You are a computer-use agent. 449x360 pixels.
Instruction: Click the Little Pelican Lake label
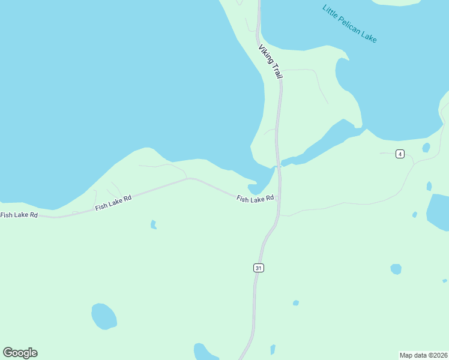pyautogui.click(x=349, y=24)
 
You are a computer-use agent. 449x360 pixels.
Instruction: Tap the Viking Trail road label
pyautogui.click(x=270, y=62)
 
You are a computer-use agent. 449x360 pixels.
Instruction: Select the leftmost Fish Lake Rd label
pyautogui.click(x=19, y=215)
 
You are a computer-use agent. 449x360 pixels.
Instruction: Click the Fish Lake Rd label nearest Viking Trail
pyautogui.click(x=255, y=198)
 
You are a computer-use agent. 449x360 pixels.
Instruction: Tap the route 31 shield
pyautogui.click(x=258, y=268)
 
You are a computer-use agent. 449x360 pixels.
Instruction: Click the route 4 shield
pyautogui.click(x=400, y=154)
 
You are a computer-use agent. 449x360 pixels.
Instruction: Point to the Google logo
pyautogui.click(x=20, y=353)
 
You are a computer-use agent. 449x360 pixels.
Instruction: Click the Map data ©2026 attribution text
pyautogui.click(x=423, y=355)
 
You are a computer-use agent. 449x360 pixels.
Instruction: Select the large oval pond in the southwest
pyautogui.click(x=104, y=316)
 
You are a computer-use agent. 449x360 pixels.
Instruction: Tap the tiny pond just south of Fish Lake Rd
pyautogui.click(x=153, y=225)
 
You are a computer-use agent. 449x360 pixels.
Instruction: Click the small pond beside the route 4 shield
pyautogui.click(x=426, y=148)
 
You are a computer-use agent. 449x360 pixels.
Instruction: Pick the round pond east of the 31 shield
pyautogui.click(x=396, y=269)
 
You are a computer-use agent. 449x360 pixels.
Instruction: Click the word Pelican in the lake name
pyautogui.click(x=352, y=26)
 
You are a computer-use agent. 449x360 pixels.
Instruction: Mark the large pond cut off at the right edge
pyautogui.click(x=439, y=212)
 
